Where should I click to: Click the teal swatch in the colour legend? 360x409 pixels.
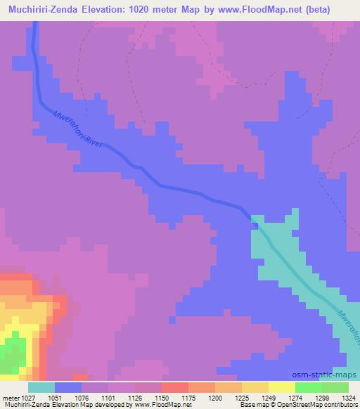(x=41, y=387)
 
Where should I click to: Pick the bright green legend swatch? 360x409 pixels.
(x=309, y=387)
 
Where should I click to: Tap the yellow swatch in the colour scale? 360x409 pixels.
(x=282, y=387)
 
